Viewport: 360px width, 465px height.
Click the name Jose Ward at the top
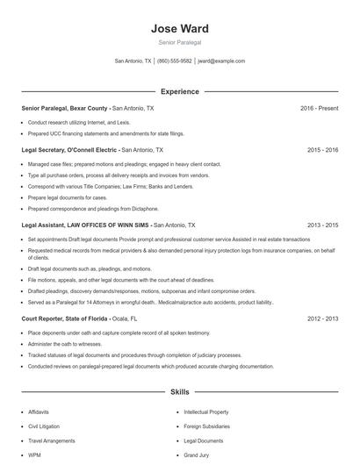[x=179, y=29]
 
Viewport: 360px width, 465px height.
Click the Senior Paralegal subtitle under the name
[x=179, y=42]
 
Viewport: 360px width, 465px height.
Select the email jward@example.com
[x=220, y=61]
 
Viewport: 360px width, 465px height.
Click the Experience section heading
[x=179, y=91]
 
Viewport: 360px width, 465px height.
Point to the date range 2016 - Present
[x=319, y=108]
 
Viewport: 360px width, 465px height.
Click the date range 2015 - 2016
[x=322, y=150]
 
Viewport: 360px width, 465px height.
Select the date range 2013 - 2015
[x=322, y=225]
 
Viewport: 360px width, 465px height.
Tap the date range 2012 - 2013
[x=322, y=318]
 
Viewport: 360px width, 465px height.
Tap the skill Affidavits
[x=39, y=411]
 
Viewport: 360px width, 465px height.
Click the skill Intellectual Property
[x=206, y=411]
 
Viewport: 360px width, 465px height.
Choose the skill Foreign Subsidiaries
[x=205, y=426]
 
